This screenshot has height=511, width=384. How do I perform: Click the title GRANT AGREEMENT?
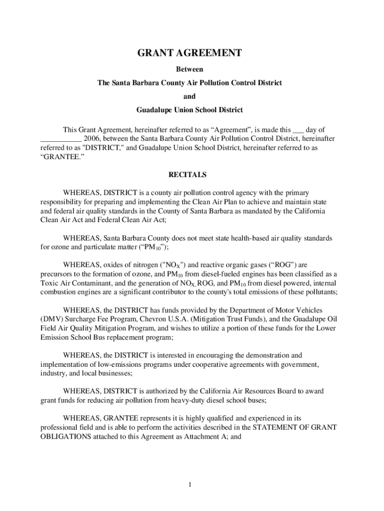(x=190, y=53)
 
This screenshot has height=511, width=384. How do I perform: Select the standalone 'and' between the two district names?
(x=190, y=96)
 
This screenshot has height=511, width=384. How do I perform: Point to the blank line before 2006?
(x=60, y=138)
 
